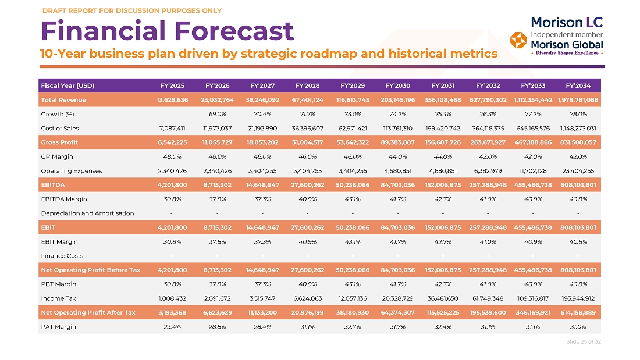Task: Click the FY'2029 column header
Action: [353, 85]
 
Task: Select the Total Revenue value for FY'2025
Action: [172, 100]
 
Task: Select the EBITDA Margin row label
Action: [63, 199]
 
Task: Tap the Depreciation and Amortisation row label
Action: [87, 213]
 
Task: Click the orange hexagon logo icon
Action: [518, 40]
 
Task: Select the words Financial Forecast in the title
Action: [167, 31]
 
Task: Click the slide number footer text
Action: [583, 341]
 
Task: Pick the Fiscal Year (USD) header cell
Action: [67, 85]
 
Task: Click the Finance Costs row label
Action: [62, 256]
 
